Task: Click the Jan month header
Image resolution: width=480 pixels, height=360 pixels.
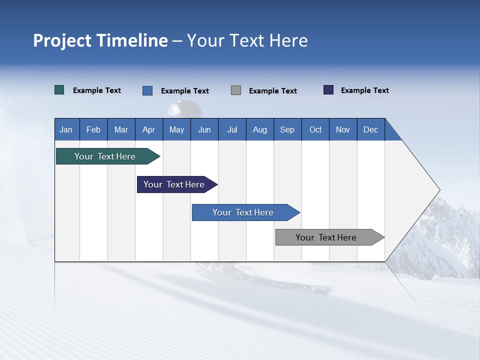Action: (x=66, y=129)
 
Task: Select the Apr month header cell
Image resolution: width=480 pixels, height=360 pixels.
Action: (x=148, y=129)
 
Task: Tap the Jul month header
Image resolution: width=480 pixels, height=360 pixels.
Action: (x=232, y=129)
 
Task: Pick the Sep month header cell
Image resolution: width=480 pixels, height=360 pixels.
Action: (x=287, y=129)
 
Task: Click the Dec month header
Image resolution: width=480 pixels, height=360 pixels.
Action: (x=370, y=129)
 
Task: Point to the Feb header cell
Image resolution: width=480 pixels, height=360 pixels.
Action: (x=93, y=129)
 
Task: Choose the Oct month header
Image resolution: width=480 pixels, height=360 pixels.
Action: (x=315, y=129)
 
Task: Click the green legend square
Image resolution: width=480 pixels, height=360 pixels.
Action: (x=59, y=90)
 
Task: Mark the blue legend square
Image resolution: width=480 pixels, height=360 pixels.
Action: (x=147, y=90)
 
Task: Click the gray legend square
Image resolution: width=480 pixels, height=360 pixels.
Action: (x=236, y=90)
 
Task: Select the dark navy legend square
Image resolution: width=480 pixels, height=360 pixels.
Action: (x=328, y=90)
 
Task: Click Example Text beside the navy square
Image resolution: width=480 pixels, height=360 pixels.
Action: (x=364, y=90)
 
